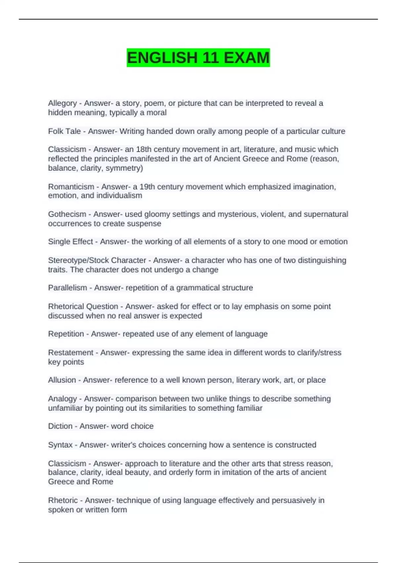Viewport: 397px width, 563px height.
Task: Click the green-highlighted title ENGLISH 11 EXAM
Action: (x=198, y=58)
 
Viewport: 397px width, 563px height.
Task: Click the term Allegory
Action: (x=62, y=103)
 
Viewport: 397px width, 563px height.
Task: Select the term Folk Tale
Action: (x=64, y=131)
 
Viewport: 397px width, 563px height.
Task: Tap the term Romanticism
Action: (x=71, y=187)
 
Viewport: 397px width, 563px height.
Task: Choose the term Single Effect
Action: (x=70, y=242)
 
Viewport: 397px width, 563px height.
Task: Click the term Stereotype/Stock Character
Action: (x=97, y=260)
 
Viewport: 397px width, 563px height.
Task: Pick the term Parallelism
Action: (x=67, y=288)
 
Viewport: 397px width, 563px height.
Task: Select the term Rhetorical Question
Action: (x=83, y=306)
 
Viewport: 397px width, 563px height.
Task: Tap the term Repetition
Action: (x=66, y=334)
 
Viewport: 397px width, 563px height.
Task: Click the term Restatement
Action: (x=70, y=352)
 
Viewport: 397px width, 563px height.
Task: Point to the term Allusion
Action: (x=62, y=380)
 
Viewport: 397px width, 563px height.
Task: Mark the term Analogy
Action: (x=62, y=399)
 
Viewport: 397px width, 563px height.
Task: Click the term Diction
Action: (x=60, y=426)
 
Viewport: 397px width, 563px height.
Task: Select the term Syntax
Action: (x=60, y=445)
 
